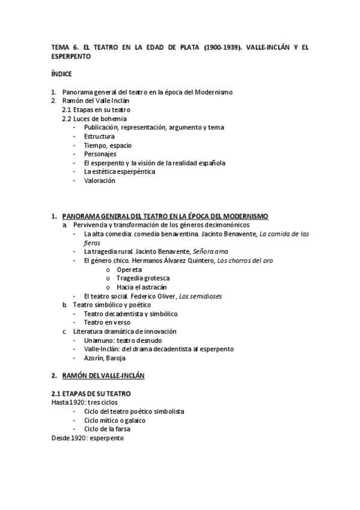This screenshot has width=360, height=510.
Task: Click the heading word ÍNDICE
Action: click(61, 75)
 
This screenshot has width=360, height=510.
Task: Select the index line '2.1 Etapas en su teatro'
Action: click(96, 110)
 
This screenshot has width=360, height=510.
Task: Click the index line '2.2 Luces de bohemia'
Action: click(94, 119)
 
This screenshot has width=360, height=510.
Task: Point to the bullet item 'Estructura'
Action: click(100, 137)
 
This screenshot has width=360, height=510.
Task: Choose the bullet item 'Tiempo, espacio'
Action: click(108, 146)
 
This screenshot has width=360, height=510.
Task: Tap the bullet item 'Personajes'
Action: click(100, 154)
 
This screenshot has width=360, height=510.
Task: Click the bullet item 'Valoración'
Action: click(99, 180)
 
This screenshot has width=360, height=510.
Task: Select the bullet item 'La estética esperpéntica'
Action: click(120, 171)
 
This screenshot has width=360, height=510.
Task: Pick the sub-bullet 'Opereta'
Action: click(130, 269)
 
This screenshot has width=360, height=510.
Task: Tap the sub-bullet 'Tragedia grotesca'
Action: click(143, 278)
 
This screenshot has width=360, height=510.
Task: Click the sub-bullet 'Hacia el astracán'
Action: click(142, 287)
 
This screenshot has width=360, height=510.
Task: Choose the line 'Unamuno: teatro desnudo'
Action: click(123, 340)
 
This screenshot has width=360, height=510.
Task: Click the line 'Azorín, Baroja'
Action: click(105, 358)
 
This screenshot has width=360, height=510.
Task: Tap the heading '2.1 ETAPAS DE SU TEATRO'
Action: click(91, 393)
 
